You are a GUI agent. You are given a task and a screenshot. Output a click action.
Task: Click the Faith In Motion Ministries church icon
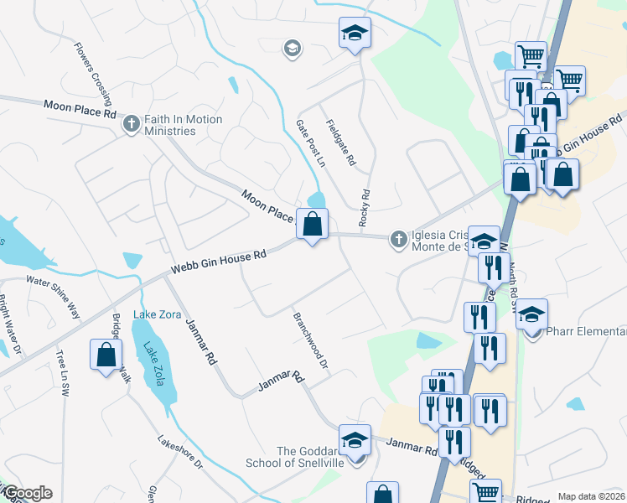pyautogui.click(x=131, y=125)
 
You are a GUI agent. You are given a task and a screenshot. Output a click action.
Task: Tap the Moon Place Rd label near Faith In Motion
pyautogui.click(x=80, y=108)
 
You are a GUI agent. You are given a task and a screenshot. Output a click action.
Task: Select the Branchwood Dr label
pyautogui.click(x=309, y=343)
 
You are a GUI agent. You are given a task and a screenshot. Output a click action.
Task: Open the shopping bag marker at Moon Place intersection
pyautogui.click(x=312, y=225)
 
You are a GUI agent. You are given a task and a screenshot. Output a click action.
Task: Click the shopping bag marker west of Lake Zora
pyautogui.click(x=107, y=355)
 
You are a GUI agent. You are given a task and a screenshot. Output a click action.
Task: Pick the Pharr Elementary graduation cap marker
pyautogui.click(x=531, y=315)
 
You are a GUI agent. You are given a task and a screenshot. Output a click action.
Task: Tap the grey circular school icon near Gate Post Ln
pyautogui.click(x=292, y=48)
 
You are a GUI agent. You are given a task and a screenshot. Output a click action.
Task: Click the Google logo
pyautogui.click(x=27, y=493)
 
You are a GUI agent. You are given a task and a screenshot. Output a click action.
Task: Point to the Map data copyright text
pyautogui.click(x=591, y=496)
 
